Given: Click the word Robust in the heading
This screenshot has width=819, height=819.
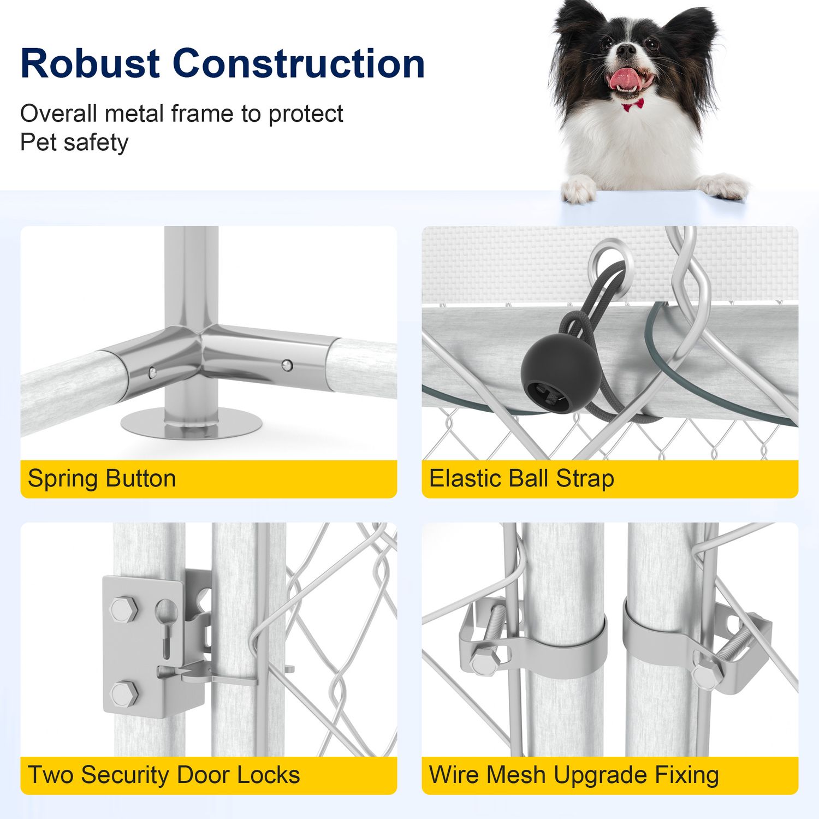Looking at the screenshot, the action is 91,63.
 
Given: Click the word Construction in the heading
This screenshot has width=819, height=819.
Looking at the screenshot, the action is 299,63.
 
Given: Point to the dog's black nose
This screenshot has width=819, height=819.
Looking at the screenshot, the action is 627,51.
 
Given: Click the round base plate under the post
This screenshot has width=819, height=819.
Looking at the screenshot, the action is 192,423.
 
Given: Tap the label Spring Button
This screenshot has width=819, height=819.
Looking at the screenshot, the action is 102,478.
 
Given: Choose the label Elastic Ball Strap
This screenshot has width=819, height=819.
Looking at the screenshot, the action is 522,478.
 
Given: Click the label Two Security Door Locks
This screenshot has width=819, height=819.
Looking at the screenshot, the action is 164,775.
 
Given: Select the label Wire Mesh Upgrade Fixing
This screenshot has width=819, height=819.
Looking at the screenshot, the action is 574,775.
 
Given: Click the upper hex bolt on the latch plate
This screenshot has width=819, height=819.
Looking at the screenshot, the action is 124,609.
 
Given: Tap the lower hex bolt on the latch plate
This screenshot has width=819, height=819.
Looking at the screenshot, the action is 124,693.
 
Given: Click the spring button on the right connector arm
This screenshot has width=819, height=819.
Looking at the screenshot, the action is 287,364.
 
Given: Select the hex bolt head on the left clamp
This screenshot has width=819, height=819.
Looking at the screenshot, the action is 484,662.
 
